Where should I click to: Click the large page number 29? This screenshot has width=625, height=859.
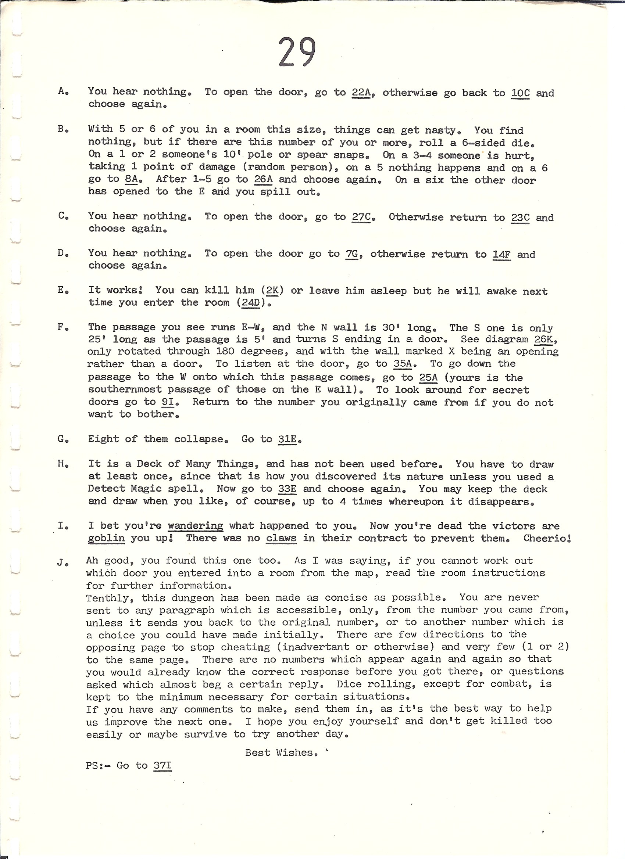tap(297, 52)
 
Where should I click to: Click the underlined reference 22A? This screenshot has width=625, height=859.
tap(360, 93)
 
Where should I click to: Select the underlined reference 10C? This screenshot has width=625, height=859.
tap(520, 93)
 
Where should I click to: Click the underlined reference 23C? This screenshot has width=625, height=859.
tap(520, 218)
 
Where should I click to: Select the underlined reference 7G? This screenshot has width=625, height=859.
tap(351, 254)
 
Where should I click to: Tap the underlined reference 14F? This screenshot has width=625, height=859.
tap(501, 255)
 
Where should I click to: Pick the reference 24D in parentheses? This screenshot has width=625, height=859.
tap(250, 303)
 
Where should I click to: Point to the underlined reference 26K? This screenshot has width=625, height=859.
tap(543, 339)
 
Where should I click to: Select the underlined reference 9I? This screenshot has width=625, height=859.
tap(168, 402)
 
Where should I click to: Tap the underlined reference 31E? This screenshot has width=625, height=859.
tap(287, 439)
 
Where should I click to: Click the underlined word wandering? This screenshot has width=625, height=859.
tap(195, 526)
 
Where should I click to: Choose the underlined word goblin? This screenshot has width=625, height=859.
tap(106, 538)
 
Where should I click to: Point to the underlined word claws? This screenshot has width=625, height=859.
tap(281, 538)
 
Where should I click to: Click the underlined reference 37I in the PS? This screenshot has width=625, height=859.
tap(162, 765)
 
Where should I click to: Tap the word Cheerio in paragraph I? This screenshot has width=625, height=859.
tap(546, 538)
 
